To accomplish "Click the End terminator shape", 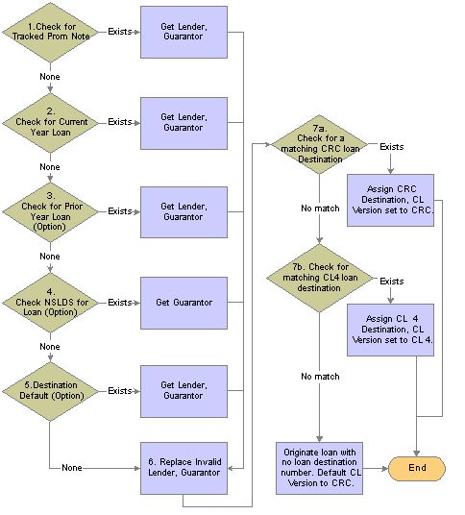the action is [x=417, y=468].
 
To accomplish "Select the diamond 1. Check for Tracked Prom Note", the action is [x=50, y=33].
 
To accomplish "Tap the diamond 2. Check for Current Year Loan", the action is [x=50, y=123].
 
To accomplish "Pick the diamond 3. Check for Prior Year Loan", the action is [x=50, y=212].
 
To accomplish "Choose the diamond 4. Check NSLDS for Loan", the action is [x=50, y=303].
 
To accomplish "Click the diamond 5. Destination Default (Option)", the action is [x=50, y=391].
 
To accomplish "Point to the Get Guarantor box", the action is [x=184, y=303].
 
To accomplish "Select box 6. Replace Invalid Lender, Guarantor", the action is [x=184, y=468].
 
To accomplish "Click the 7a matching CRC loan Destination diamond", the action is [x=319, y=144].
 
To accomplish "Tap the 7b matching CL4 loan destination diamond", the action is [x=319, y=278].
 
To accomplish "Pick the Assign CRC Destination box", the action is [x=390, y=200].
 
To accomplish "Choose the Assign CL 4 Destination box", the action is [x=390, y=330].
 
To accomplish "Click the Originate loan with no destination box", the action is [x=319, y=468].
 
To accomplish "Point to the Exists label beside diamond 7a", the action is [x=391, y=147].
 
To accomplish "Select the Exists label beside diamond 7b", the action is [x=391, y=282].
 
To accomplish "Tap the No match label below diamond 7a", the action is [x=320, y=208].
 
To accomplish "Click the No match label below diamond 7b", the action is [x=320, y=377].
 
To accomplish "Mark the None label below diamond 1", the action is [x=50, y=77].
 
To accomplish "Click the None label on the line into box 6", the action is [x=72, y=468].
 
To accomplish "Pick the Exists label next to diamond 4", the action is [x=120, y=302].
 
